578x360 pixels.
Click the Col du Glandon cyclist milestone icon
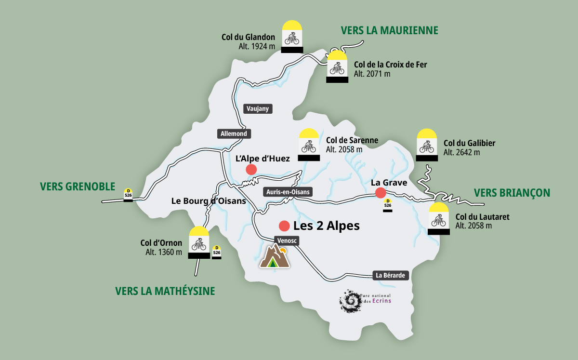292,37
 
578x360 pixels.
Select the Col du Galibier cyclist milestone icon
427,145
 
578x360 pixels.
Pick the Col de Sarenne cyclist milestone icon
309,145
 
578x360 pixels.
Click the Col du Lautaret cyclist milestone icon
439,219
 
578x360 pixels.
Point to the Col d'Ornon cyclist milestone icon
199,243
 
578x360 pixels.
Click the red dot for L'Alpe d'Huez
251,169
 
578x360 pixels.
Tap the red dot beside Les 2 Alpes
284,226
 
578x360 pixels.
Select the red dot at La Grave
381,193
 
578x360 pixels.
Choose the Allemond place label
234,133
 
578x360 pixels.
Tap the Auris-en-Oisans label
288,192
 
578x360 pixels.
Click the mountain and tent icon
275,256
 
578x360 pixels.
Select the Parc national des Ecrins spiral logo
350,300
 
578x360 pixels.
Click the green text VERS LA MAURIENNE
389,31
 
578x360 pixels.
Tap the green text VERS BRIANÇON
512,193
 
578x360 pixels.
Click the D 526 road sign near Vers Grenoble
128,194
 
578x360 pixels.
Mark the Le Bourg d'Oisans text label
209,201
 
